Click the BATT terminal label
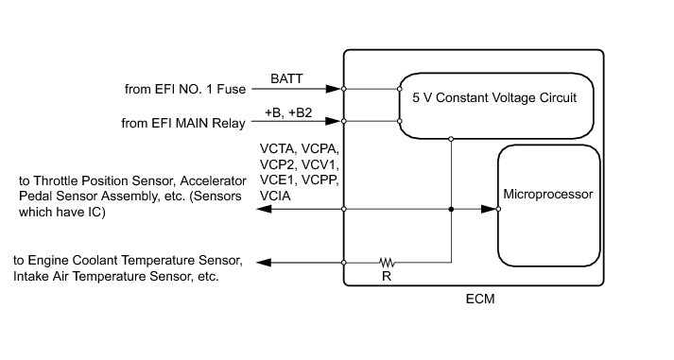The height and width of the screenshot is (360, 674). click(x=286, y=78)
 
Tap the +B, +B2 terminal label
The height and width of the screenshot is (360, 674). click(x=288, y=112)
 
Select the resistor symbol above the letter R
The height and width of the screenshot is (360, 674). click(x=387, y=262)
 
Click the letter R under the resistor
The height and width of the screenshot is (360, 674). click(x=387, y=276)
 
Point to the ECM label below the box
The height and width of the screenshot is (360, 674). click(x=480, y=299)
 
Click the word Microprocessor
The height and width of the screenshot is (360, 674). click(x=548, y=195)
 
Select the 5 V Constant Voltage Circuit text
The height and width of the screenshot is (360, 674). click(x=494, y=97)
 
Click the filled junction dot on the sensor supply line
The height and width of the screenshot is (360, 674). click(x=451, y=209)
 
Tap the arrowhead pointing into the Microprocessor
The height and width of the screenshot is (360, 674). click(x=489, y=209)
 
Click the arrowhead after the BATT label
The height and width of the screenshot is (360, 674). click(x=333, y=89)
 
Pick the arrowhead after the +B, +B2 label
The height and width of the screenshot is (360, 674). click(x=333, y=121)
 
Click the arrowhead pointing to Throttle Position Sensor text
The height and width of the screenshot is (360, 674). click(x=264, y=209)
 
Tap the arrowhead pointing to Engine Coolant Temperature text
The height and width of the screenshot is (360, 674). click(x=264, y=263)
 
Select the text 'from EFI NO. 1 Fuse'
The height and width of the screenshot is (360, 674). click(x=185, y=89)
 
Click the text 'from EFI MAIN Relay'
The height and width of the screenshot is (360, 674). click(x=183, y=123)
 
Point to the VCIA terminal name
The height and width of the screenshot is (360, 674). click(x=275, y=196)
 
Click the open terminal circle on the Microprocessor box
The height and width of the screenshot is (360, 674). click(x=498, y=209)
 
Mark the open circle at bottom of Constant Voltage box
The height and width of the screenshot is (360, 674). click(x=451, y=139)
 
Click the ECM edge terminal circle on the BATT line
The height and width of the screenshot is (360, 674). click(x=344, y=89)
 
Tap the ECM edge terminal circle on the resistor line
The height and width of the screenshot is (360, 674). click(x=344, y=263)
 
